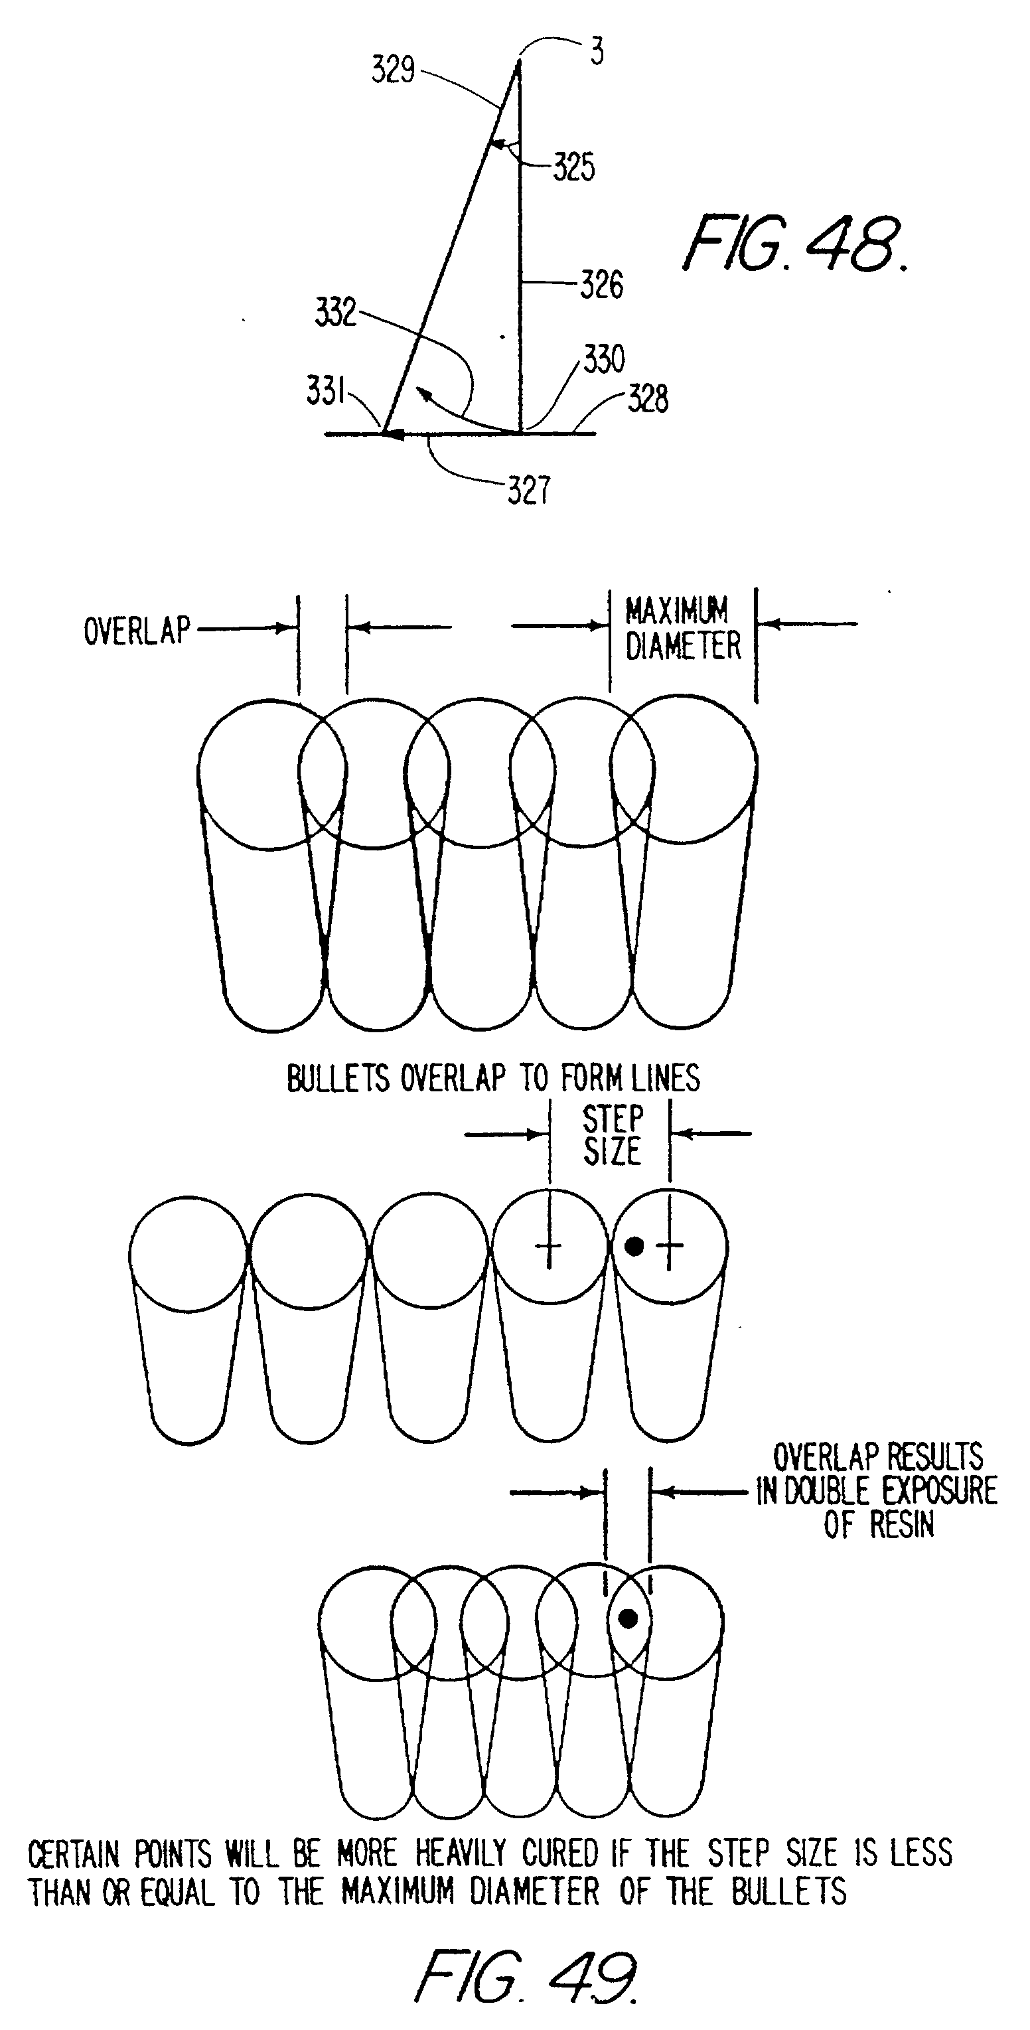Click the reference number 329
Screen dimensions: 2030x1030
(394, 70)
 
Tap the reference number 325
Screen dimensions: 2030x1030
(573, 167)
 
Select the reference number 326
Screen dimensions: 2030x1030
(601, 285)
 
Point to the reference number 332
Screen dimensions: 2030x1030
(336, 312)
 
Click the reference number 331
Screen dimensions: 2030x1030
(325, 390)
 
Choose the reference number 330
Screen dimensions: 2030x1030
(604, 359)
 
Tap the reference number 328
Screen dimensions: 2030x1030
(648, 399)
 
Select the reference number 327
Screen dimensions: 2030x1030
(528, 490)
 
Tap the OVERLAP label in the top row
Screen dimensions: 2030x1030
(137, 631)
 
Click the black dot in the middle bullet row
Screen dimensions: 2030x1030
(634, 1246)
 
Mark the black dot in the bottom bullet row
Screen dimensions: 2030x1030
(627, 1618)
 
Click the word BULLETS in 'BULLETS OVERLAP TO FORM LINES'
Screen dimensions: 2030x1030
(337, 1078)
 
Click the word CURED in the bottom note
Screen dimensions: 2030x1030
(560, 1853)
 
